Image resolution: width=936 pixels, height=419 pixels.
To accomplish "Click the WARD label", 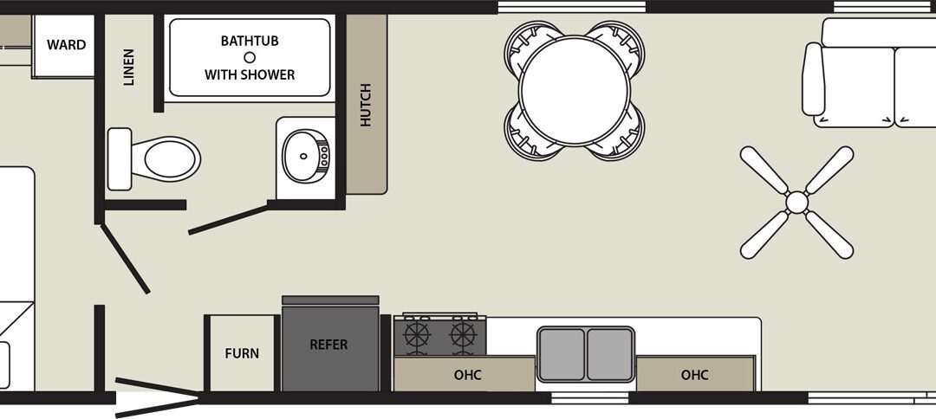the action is coord(66,45).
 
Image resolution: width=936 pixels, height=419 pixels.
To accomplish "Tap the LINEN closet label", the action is coord(129,68).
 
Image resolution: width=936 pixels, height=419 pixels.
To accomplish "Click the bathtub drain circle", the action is coord(250,58).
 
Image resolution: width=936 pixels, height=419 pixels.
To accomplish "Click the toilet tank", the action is coord(120,159).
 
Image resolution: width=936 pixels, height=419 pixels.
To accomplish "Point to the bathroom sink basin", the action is coord(305,156).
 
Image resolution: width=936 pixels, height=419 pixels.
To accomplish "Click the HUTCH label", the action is coord(366,105).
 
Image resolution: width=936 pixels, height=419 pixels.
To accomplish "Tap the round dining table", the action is coord(575,91).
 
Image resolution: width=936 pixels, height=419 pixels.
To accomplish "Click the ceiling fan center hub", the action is coord(797,203).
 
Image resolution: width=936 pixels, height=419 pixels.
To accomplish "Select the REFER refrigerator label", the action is coord(329,345).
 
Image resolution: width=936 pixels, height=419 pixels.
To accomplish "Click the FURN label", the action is coord(242,353).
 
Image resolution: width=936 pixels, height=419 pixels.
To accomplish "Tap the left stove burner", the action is coord(417,334).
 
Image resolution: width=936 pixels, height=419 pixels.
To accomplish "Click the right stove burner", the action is coord(463,334).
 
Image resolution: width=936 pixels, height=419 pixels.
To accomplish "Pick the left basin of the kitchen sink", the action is coord(561,354).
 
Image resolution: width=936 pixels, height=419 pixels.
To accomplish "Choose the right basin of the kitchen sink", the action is coord(609,354).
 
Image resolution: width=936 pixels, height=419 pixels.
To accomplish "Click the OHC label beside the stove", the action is coord(467,375).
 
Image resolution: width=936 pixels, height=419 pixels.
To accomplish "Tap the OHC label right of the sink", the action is coord(695,375).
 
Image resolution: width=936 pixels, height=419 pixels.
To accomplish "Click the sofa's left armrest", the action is coord(813,80).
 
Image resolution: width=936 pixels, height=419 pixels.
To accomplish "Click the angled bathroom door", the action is coord(228,219).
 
